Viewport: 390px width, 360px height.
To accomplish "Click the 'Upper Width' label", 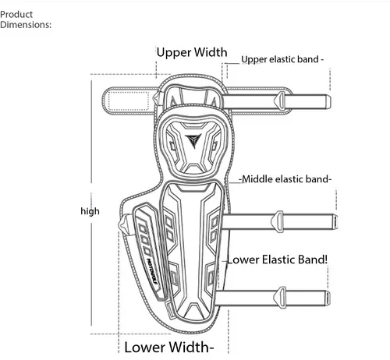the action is coord(192,52).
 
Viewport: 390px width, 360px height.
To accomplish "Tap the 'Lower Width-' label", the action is coord(169,348).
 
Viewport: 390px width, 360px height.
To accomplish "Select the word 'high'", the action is coord(90,211).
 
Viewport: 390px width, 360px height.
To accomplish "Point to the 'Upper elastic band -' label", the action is coord(282,59).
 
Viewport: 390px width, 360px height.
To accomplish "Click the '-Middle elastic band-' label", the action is coord(285,179).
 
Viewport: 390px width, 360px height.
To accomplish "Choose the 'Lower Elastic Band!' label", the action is coord(277,259).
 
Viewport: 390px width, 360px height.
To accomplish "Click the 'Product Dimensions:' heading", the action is coord(26,19).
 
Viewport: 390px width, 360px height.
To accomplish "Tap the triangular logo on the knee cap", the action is coord(193,141).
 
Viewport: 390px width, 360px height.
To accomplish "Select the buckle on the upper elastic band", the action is coord(279,101).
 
